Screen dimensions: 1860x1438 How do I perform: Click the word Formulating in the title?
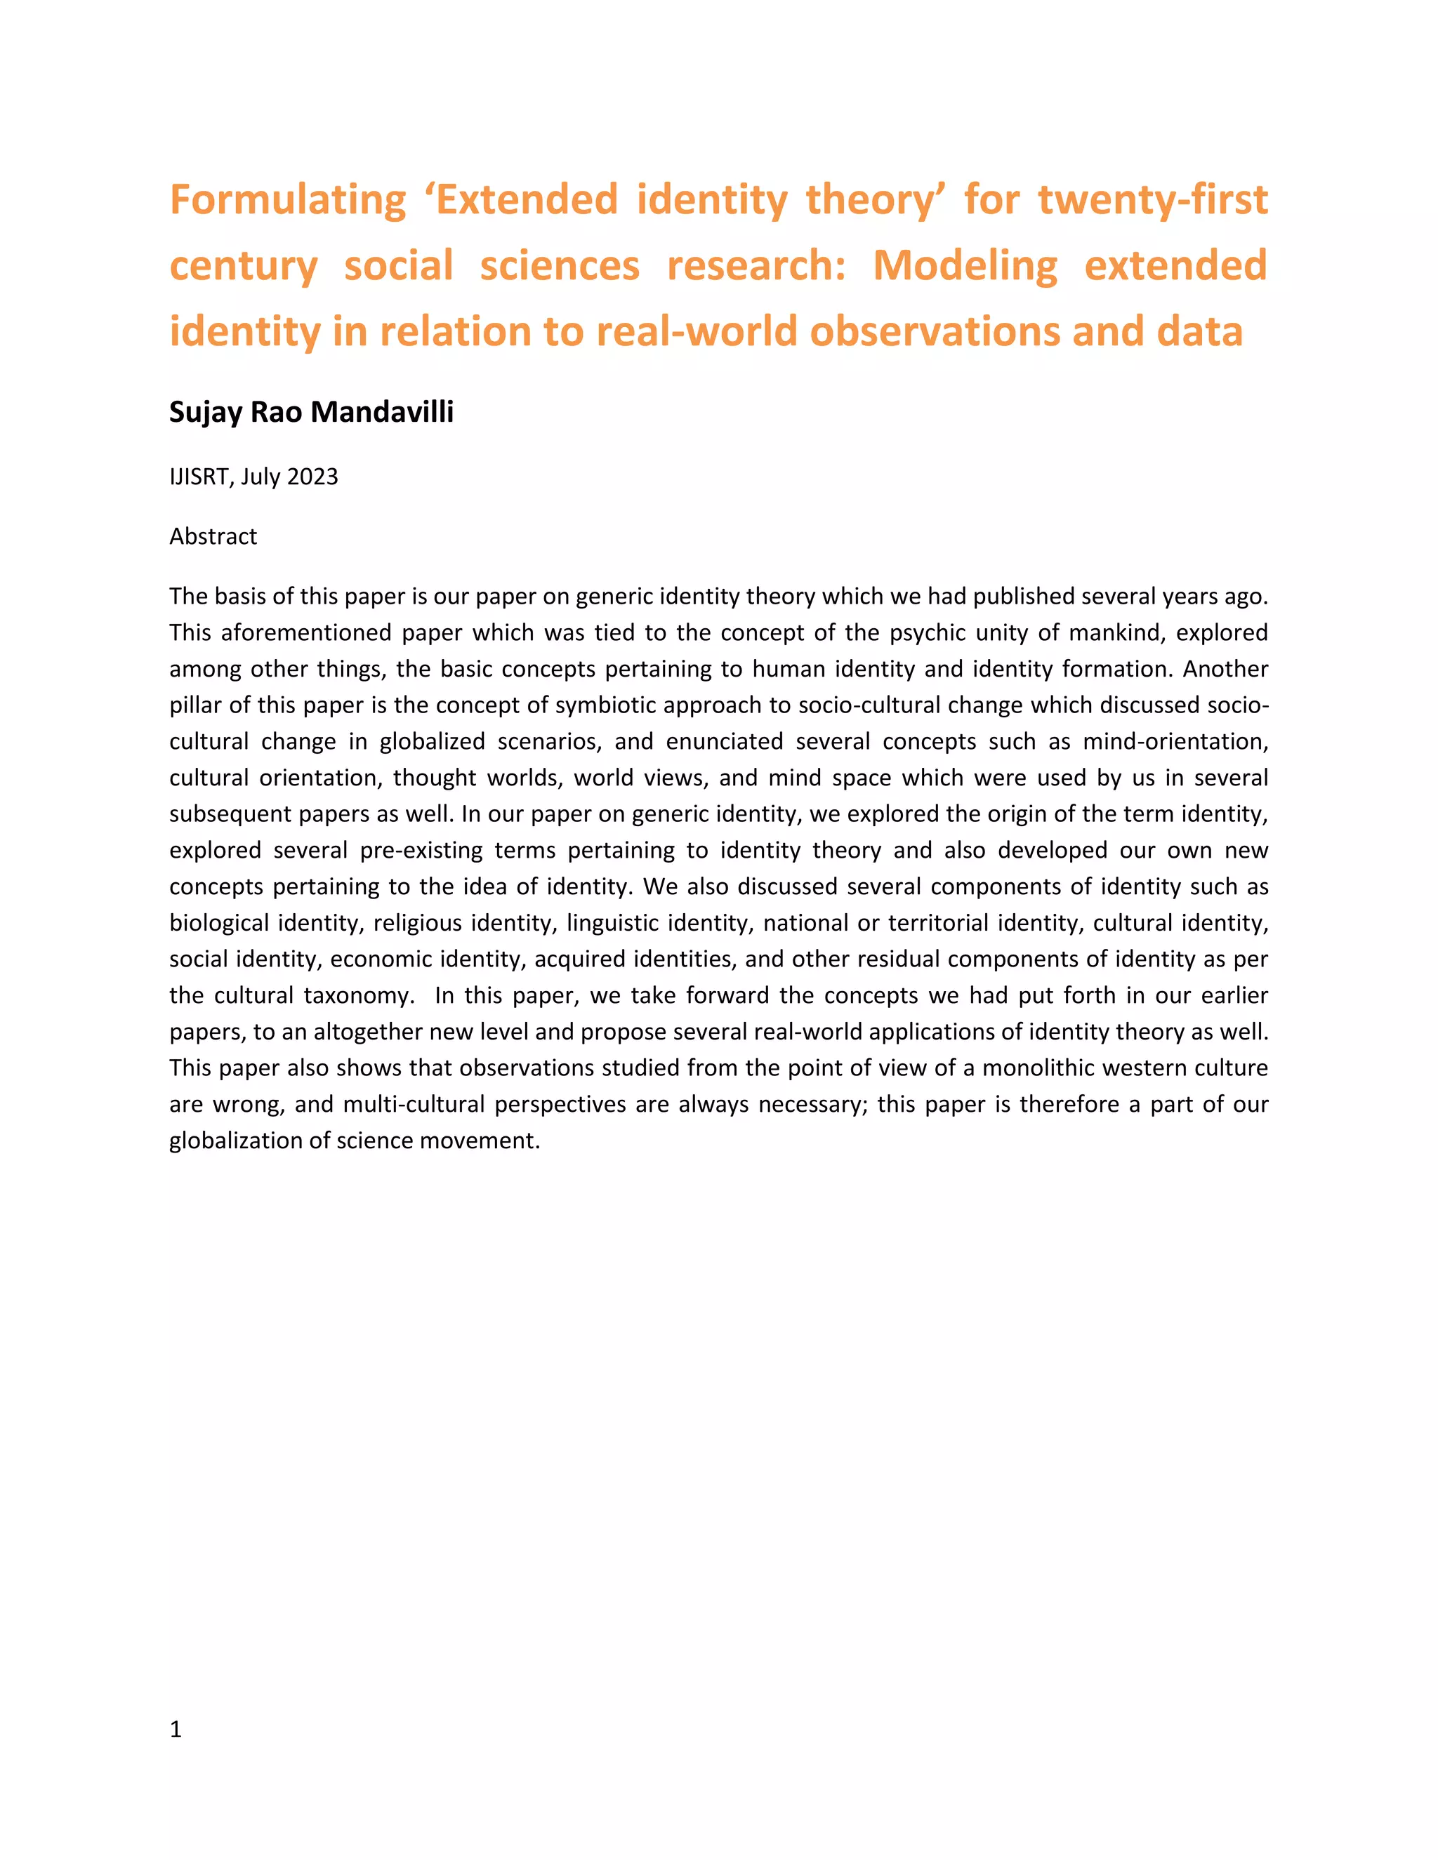click(x=288, y=201)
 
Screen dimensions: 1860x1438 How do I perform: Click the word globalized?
click(x=432, y=741)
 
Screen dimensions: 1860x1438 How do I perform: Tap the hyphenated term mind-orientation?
click(x=1175, y=741)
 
